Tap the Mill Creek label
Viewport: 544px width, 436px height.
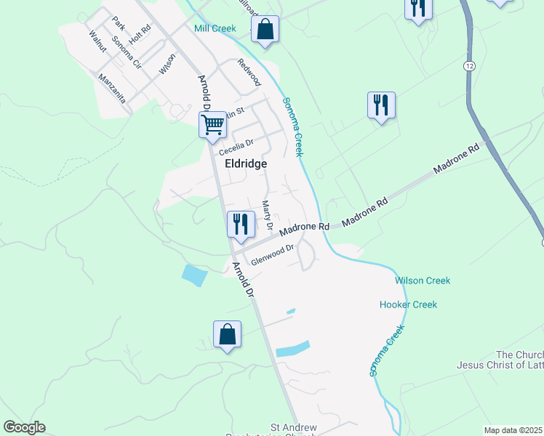pyautogui.click(x=215, y=28)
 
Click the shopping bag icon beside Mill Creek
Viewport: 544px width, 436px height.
pyautogui.click(x=265, y=31)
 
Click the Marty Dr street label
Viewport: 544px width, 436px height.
pyautogui.click(x=266, y=217)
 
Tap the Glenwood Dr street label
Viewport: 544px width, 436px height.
pyautogui.click(x=271, y=254)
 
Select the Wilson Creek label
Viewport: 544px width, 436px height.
pyautogui.click(x=423, y=280)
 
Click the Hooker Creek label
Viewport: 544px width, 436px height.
pyautogui.click(x=408, y=304)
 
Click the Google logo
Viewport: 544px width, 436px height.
pyautogui.click(x=25, y=427)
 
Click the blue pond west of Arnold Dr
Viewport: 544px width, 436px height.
pyautogui.click(x=194, y=275)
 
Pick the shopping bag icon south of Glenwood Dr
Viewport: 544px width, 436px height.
pyautogui.click(x=227, y=335)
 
